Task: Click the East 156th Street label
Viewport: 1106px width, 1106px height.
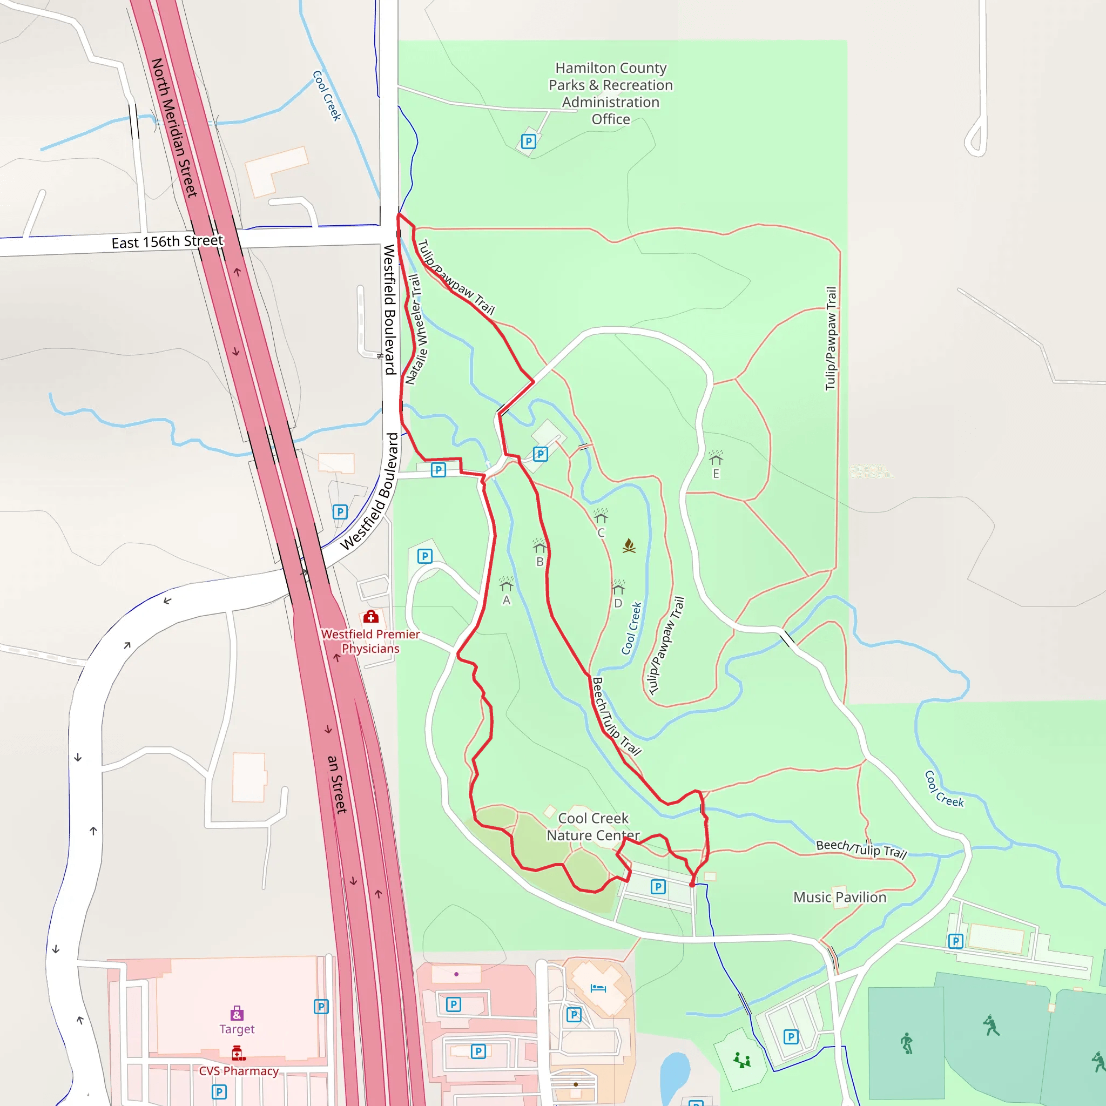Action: pos(167,241)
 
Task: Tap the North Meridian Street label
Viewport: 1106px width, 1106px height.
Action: pos(173,127)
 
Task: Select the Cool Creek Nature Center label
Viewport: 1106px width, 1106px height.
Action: pos(593,827)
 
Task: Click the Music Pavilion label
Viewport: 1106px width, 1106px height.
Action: pos(839,897)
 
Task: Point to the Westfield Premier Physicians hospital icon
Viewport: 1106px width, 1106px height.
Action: pos(371,617)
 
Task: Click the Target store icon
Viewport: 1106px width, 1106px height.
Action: pos(237,1014)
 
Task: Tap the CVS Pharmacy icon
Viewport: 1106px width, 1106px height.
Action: pos(238,1053)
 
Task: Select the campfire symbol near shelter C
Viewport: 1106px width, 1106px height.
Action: pos(629,545)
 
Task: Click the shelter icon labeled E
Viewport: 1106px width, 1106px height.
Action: pos(716,458)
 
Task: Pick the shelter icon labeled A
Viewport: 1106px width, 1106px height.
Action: pos(506,584)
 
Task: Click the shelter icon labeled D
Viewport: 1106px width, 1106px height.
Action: pos(618,588)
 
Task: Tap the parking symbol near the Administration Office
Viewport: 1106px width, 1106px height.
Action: pos(528,141)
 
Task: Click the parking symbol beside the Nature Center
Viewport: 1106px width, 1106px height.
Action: pos(658,887)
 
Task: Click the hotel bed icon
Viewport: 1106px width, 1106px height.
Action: pos(598,988)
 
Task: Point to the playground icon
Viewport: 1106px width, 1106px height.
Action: pos(742,1060)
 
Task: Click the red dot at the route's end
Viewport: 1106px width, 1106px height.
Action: pos(692,885)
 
